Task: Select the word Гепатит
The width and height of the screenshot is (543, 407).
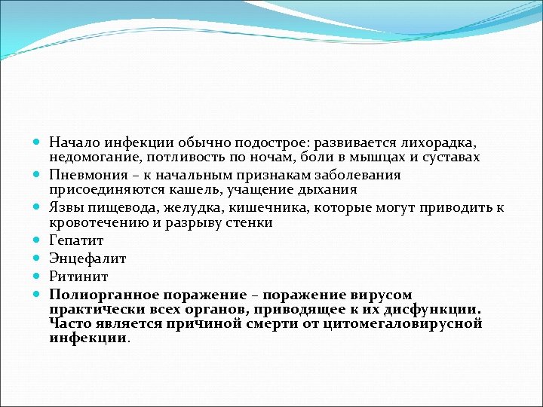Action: click(76, 240)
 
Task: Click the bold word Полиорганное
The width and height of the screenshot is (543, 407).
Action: click(100, 295)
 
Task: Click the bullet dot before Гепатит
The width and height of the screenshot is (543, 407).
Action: click(38, 241)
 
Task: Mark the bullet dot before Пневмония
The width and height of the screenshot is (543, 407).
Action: click(38, 175)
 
